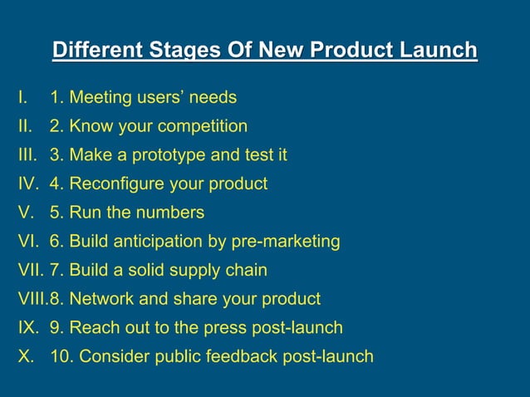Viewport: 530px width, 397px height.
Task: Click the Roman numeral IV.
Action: coord(28,184)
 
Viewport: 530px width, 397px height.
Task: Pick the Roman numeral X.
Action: coord(25,356)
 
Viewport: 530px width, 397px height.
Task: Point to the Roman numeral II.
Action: coord(24,126)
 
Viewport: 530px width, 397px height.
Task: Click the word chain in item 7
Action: coord(246,270)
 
